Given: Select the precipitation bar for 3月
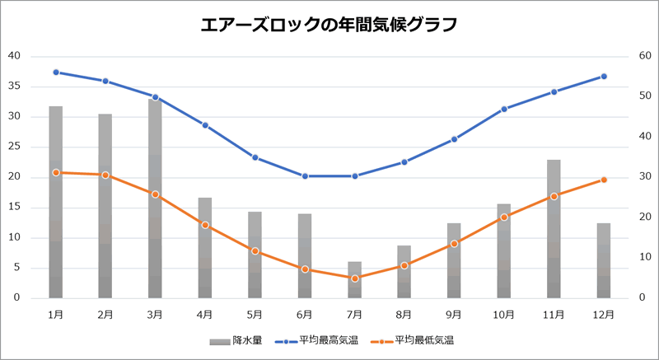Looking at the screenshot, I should [155, 198].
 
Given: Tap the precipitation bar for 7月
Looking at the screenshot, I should [354, 280].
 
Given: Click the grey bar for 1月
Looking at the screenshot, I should [56, 202].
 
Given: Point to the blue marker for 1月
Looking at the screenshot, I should [56, 72].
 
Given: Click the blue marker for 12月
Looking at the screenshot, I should [604, 77].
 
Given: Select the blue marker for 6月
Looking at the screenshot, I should [305, 176].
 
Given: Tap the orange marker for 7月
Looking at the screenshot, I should [354, 278].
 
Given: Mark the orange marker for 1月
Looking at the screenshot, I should [56, 172].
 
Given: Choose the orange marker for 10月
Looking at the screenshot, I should [504, 217].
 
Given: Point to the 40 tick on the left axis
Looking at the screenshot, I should [14, 56].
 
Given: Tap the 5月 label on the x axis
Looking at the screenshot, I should [255, 314].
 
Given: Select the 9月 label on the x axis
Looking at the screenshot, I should [454, 314].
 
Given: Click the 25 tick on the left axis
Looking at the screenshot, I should [14, 147].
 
